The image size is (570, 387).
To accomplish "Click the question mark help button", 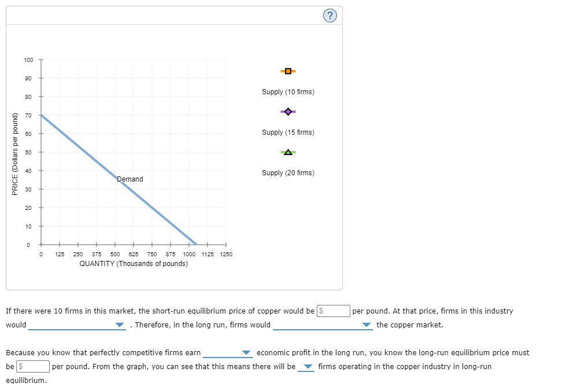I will [330, 16].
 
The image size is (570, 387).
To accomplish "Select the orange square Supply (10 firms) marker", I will [288, 71].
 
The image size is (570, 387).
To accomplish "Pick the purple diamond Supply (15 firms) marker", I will [288, 112].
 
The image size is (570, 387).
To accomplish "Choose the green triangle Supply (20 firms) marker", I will [288, 152].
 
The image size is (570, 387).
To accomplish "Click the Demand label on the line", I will [130, 179].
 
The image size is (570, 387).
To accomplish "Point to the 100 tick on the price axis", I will [29, 60].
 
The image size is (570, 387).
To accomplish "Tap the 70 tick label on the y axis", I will [29, 115].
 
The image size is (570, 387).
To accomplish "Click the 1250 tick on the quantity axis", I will [225, 254].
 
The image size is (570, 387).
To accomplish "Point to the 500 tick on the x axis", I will [115, 254].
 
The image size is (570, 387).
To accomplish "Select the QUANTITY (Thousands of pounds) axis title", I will [134, 264].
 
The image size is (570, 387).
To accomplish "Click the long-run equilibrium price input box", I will [33, 367].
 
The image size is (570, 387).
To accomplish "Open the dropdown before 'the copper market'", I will [322, 325].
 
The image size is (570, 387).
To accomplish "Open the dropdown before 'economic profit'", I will [228, 353].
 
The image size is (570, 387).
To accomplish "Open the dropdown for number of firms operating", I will [306, 367].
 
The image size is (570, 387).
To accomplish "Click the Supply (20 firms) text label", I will [288, 173].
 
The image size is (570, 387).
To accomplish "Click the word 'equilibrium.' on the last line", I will [26, 381].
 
